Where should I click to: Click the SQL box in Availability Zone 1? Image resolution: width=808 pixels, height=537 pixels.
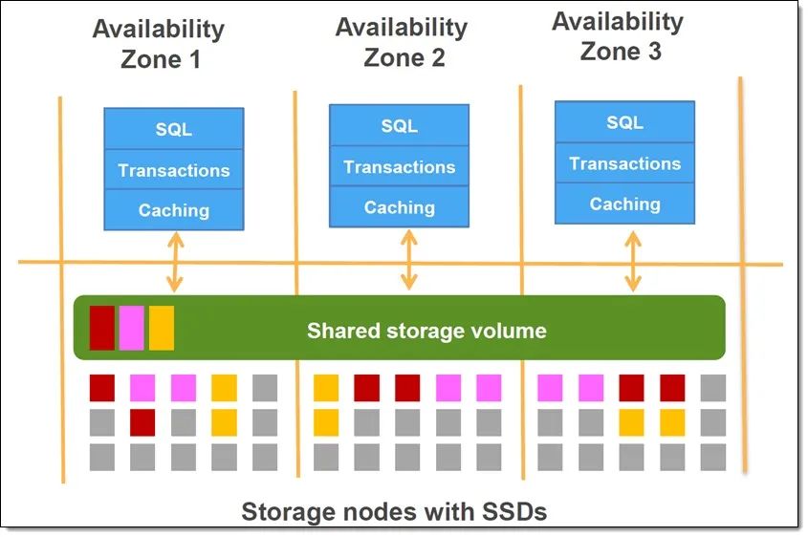pyautogui.click(x=174, y=129)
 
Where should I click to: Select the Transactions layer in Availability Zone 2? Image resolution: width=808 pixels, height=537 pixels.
pyautogui.click(x=399, y=166)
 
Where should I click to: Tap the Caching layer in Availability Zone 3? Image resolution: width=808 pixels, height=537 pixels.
pyautogui.click(x=624, y=204)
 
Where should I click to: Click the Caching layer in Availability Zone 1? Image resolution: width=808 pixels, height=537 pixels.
pyautogui.click(x=174, y=209)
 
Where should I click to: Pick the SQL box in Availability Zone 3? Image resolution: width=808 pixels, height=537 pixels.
pyautogui.click(x=624, y=122)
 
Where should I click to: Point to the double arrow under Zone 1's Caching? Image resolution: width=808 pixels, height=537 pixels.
pyautogui.click(x=175, y=262)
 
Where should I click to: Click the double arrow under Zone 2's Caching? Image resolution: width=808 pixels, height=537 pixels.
pyautogui.click(x=409, y=260)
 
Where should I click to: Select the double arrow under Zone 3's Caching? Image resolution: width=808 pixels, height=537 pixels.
pyautogui.click(x=633, y=262)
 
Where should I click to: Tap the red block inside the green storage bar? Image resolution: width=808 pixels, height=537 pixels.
pyautogui.click(x=102, y=328)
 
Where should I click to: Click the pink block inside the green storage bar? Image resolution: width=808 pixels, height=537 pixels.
pyautogui.click(x=131, y=328)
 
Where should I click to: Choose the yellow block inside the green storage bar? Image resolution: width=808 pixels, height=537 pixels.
pyautogui.click(x=162, y=328)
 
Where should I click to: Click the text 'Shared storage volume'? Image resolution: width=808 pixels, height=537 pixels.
pyautogui.click(x=426, y=331)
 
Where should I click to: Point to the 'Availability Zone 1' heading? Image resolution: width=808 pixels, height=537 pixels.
pyautogui.click(x=160, y=44)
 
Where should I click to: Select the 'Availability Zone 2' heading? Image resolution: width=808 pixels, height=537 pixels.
pyautogui.click(x=402, y=42)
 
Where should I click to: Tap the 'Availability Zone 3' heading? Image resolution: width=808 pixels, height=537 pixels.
pyautogui.click(x=619, y=36)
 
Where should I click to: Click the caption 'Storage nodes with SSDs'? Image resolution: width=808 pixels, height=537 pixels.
pyautogui.click(x=394, y=511)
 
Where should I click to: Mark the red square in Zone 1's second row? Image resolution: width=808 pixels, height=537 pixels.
pyautogui.click(x=142, y=422)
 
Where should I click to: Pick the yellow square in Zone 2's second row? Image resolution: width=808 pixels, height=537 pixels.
pyautogui.click(x=326, y=422)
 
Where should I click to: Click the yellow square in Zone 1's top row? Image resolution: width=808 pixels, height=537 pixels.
pyautogui.click(x=224, y=388)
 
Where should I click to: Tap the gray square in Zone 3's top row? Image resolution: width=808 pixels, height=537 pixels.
pyautogui.click(x=713, y=388)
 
